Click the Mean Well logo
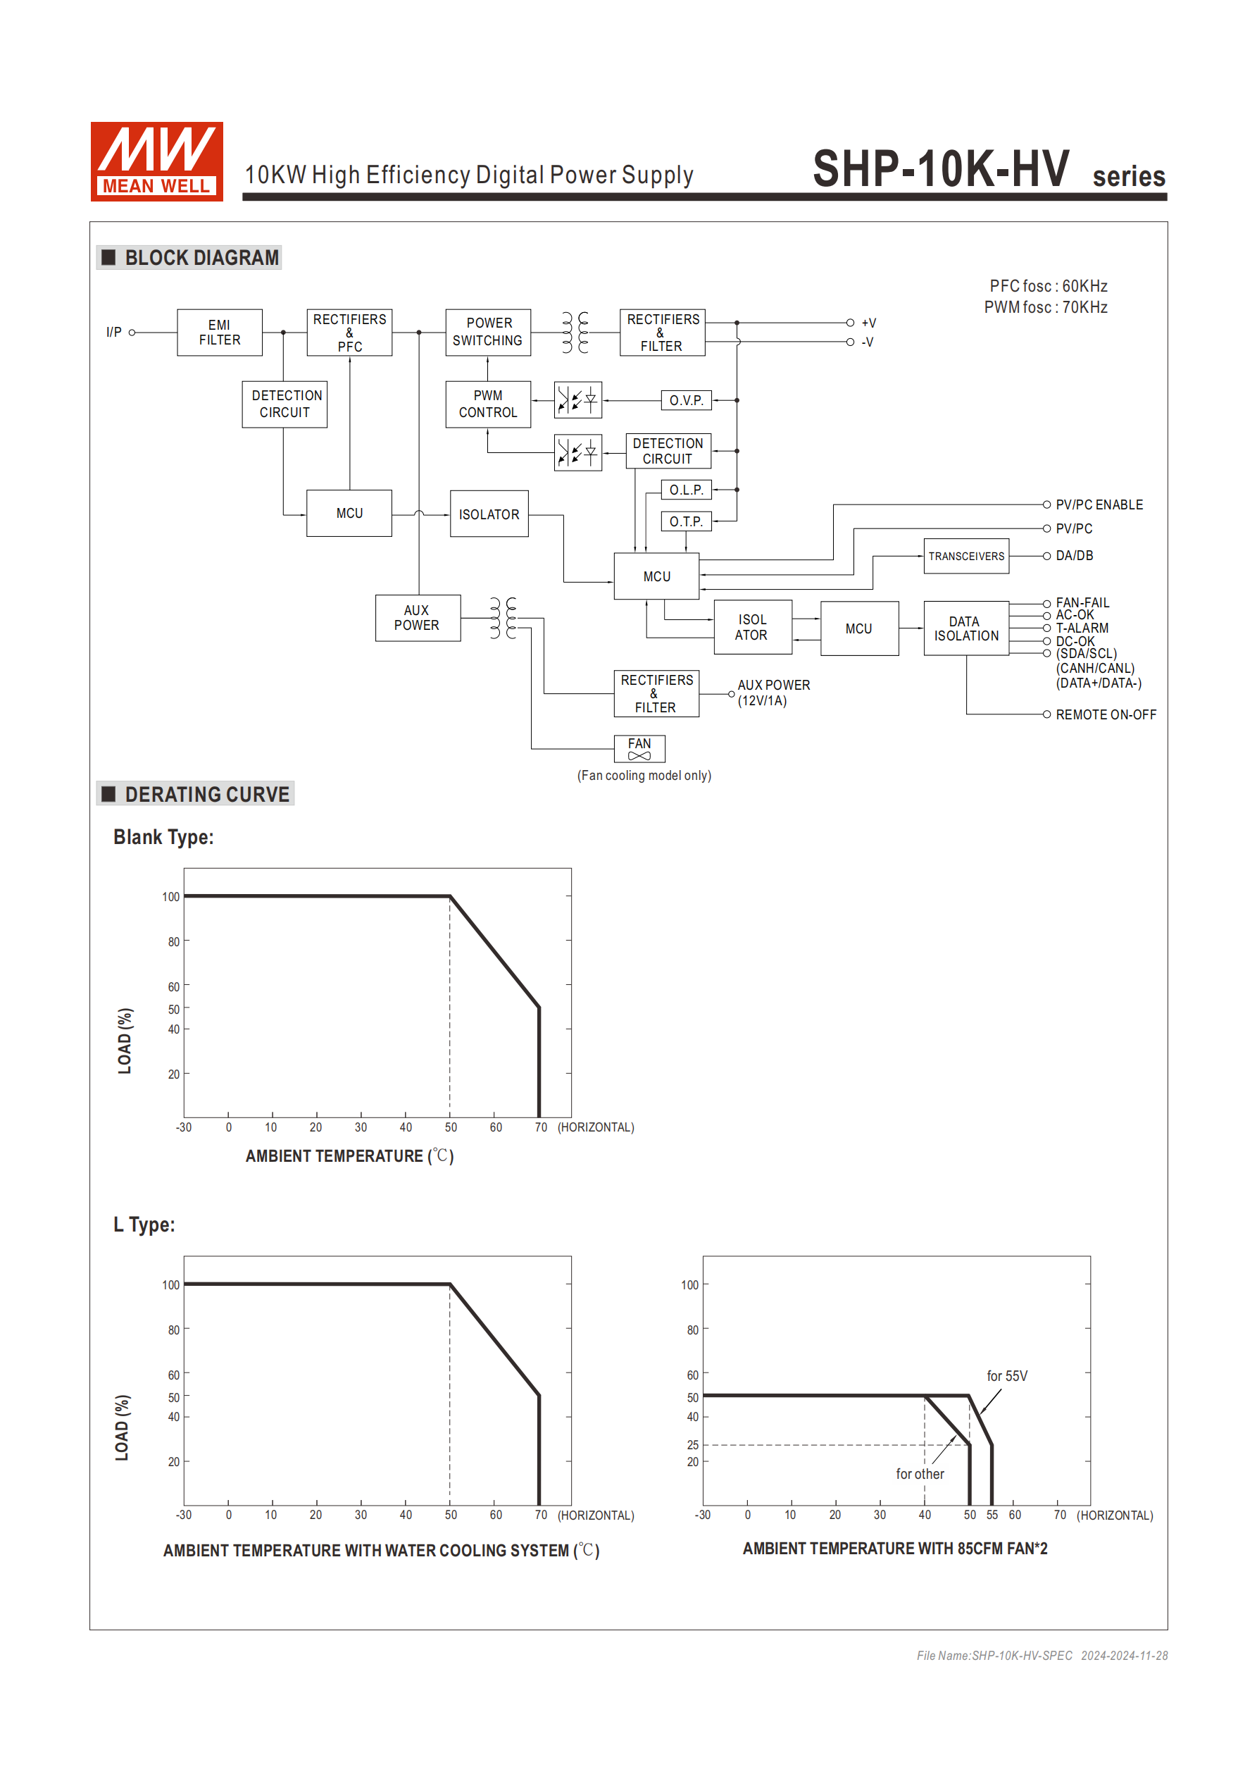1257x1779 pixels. coord(156,161)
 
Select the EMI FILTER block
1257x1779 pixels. coord(219,333)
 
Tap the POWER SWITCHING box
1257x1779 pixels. coord(488,333)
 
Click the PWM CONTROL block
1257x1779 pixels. coord(488,404)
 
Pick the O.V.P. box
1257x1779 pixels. coord(686,401)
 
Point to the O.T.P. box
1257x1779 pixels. coord(686,521)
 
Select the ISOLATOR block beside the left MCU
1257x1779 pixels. coord(489,514)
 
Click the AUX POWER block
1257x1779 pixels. coord(418,617)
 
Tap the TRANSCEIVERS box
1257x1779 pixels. coord(965,557)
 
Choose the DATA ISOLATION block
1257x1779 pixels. coord(965,628)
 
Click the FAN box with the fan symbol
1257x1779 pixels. coord(639,748)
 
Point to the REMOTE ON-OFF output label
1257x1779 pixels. coord(1105,714)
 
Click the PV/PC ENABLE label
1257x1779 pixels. coord(1099,505)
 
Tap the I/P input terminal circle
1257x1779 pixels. coord(132,333)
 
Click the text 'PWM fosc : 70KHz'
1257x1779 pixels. coord(1045,308)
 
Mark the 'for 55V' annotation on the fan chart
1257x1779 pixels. coord(1006,1376)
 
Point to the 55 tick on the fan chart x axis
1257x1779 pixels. coord(992,1515)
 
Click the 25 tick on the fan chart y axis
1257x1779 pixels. coord(692,1445)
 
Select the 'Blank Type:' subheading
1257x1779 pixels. coord(163,838)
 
